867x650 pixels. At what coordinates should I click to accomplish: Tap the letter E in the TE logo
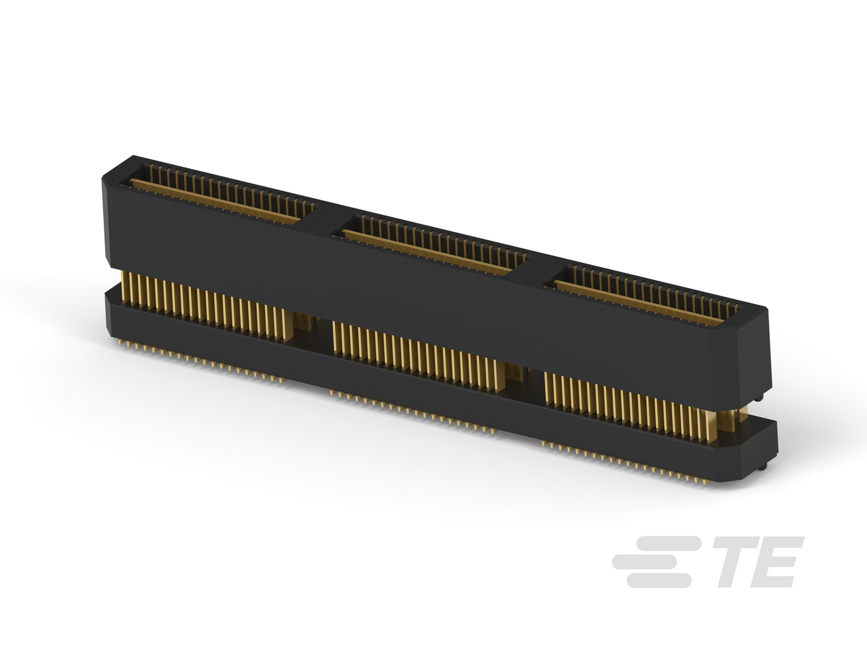pos(773,562)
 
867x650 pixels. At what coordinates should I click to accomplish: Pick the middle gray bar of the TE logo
pos(652,562)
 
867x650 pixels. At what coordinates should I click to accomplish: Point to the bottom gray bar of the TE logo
pos(659,580)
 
